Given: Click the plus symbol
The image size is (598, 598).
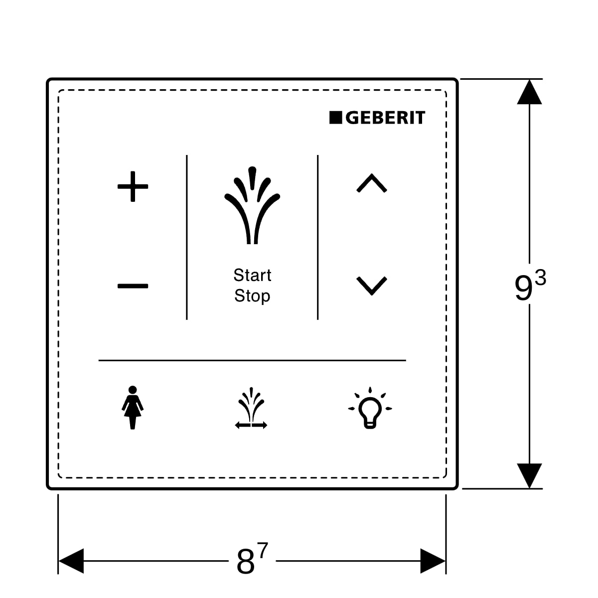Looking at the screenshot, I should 133,187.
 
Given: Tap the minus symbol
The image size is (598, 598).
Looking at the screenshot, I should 133,286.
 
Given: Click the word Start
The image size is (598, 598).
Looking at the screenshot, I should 252,275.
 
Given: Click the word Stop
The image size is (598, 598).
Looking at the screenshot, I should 252,296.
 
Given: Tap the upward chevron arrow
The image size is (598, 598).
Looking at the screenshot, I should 372,183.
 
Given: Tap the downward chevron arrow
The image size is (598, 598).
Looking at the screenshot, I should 372,286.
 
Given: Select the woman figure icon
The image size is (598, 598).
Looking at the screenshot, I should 132,407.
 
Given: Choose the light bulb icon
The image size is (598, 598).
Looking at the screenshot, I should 370,408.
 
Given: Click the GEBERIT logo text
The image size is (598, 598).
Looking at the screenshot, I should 385,118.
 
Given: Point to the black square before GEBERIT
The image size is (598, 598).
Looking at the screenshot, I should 335,118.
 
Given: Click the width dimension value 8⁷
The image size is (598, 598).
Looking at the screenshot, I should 252,561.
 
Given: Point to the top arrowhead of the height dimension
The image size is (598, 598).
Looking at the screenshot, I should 529,92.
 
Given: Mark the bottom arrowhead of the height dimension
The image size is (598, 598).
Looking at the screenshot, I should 529,475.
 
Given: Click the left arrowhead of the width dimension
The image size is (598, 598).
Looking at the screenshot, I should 71,561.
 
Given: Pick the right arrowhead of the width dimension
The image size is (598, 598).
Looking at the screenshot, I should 433,561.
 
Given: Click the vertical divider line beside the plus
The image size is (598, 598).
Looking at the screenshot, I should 187,237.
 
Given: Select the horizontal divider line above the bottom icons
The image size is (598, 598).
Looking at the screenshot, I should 252,360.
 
